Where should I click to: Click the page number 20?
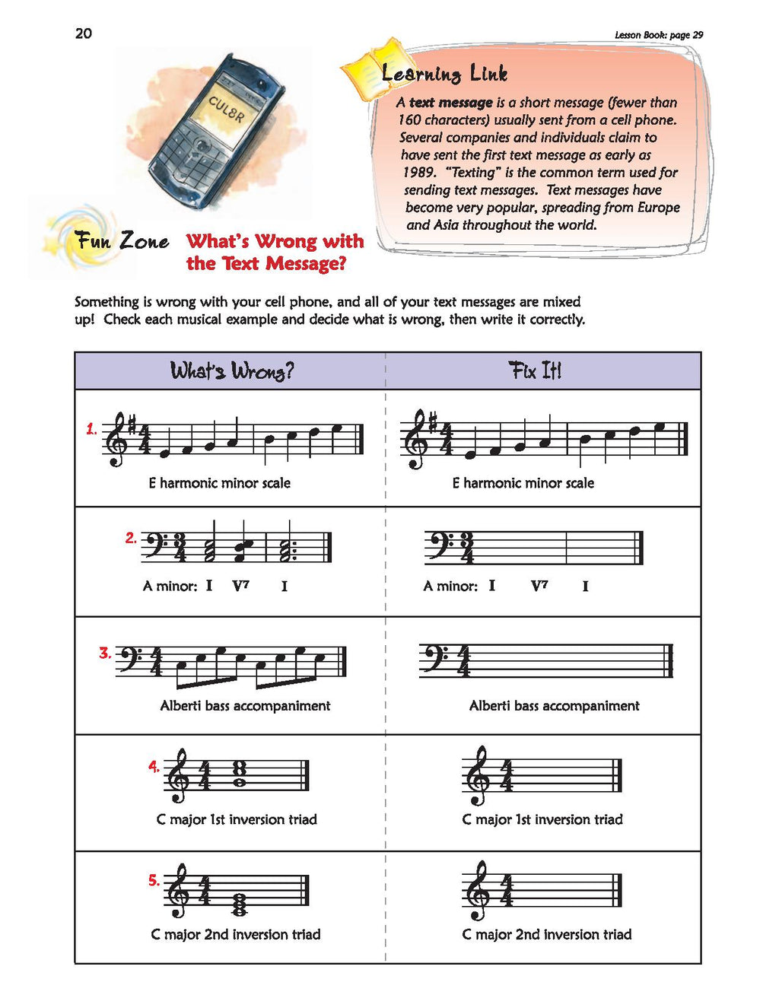[84, 33]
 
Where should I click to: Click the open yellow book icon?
[374, 68]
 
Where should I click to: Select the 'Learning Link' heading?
[444, 75]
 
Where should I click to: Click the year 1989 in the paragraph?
[419, 173]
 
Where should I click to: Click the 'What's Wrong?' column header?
[232, 371]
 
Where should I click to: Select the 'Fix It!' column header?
[535, 370]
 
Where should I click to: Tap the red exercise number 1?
[91, 430]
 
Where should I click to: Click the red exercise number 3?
[105, 653]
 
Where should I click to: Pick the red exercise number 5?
[154, 880]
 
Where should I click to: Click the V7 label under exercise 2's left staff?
[240, 586]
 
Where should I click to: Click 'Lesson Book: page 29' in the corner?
[659, 35]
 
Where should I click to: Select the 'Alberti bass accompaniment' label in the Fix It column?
[554, 705]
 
